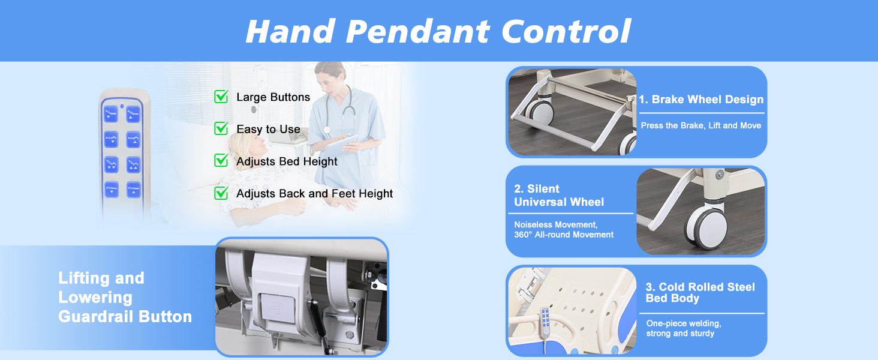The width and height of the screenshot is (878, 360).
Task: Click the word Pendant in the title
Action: tap(417, 31)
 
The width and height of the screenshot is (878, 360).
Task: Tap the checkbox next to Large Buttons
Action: tap(221, 97)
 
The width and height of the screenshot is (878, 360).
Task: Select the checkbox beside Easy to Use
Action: tap(221, 128)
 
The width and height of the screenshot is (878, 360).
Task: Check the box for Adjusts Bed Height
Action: tap(221, 161)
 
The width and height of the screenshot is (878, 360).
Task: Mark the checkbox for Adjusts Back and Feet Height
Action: tap(221, 193)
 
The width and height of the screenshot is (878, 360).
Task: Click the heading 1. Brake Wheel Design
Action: tap(701, 100)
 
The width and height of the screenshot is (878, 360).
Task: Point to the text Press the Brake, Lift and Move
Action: tap(701, 125)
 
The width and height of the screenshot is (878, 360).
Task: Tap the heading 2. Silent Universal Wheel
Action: tap(559, 195)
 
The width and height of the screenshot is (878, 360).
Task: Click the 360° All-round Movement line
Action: tap(564, 235)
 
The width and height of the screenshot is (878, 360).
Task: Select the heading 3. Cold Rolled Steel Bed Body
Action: tap(700, 293)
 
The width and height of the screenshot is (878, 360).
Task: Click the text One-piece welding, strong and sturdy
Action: tap(684, 328)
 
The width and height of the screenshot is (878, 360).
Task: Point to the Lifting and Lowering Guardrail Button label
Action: tap(125, 297)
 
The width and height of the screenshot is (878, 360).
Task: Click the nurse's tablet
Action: tap(342, 145)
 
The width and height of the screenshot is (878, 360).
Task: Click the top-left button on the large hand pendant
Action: tap(110, 114)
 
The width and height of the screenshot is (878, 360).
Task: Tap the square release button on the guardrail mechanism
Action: tap(278, 308)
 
